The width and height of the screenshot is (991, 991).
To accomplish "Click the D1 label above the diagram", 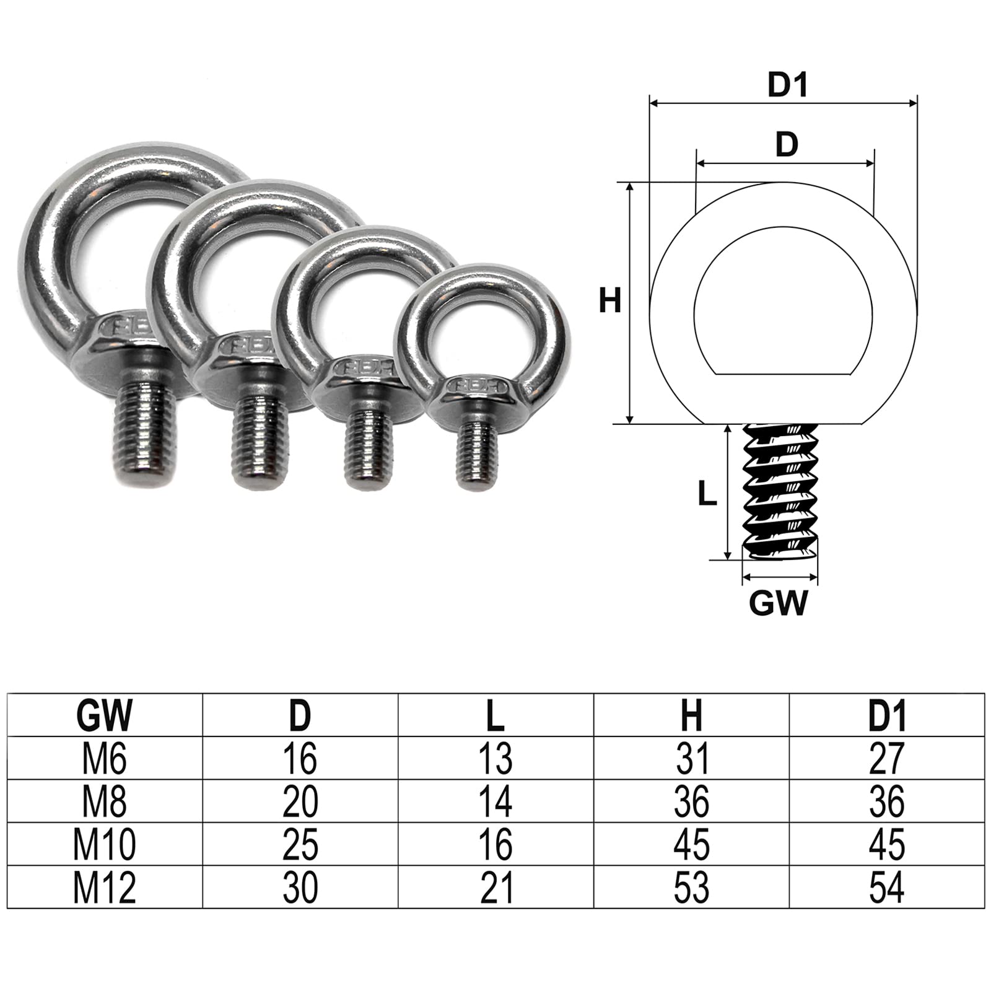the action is coord(788,85).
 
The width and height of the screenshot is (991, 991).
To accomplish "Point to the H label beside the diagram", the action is coord(610,302).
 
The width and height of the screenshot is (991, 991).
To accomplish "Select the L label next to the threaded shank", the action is coord(707,494).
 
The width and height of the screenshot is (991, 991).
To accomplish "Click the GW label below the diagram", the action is coord(779,603).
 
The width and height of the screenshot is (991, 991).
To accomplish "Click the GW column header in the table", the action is coord(105,715).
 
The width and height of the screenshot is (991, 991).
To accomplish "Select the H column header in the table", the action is coord(691,715).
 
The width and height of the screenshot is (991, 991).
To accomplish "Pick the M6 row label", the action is coord(105,758).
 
